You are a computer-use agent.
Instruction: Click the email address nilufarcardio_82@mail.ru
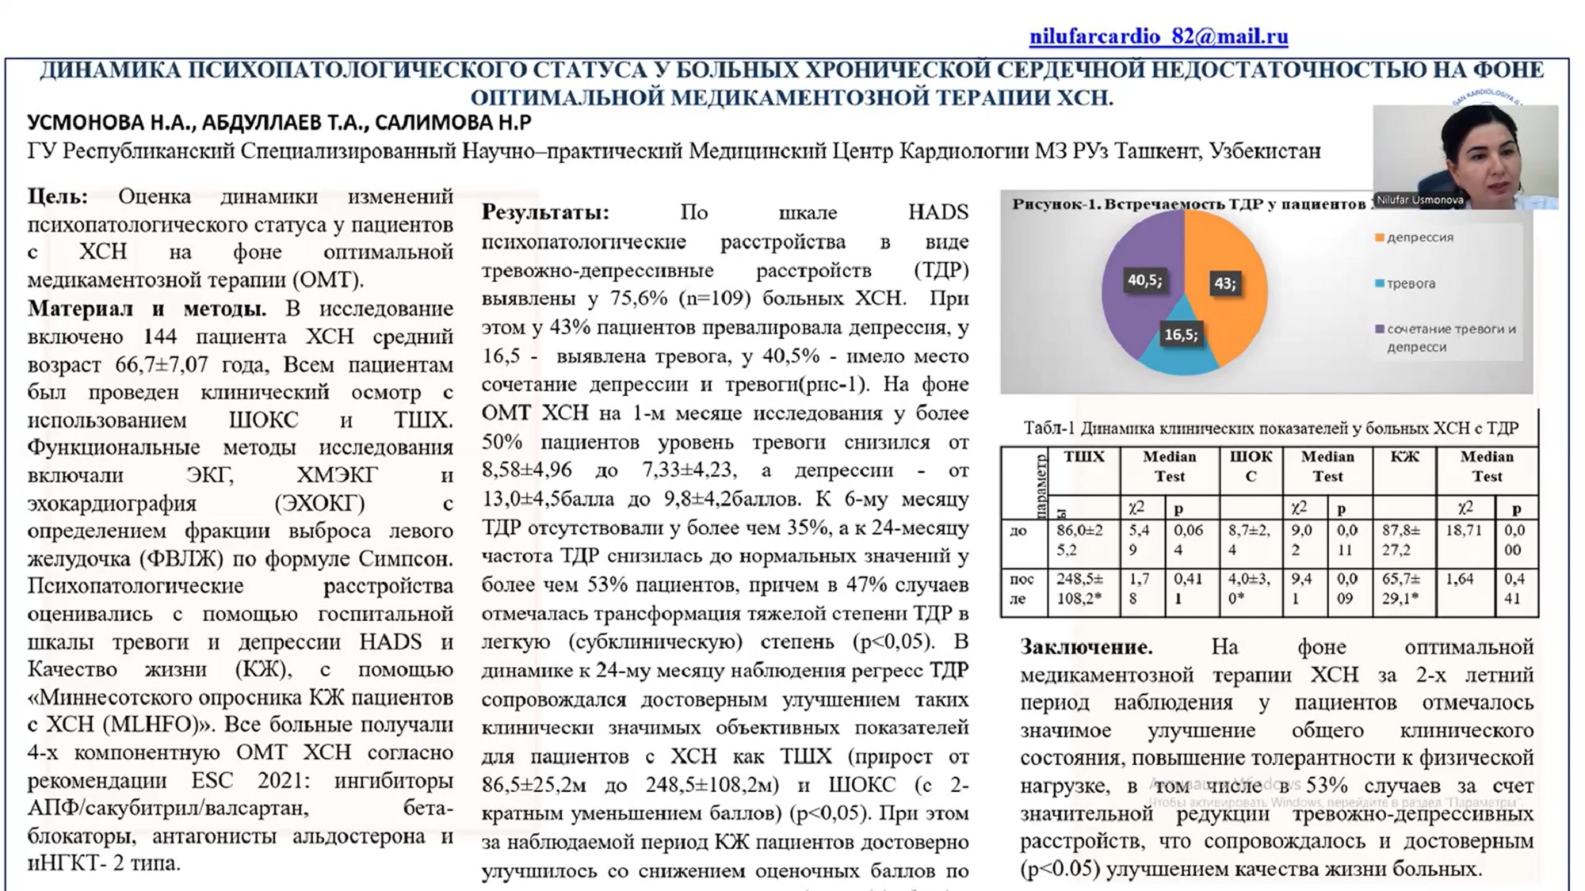pyautogui.click(x=1158, y=36)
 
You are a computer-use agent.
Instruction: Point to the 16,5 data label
pyautogui.click(x=1180, y=334)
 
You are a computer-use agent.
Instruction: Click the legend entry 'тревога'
pyautogui.click(x=1411, y=284)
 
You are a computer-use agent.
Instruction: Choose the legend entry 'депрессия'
pyautogui.click(x=1419, y=238)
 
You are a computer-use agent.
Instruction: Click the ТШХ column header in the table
pyautogui.click(x=1083, y=458)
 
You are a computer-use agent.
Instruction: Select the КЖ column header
pyautogui.click(x=1404, y=458)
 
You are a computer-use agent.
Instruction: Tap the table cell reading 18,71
pyautogui.click(x=1463, y=531)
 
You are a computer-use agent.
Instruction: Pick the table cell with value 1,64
pyautogui.click(x=1459, y=580)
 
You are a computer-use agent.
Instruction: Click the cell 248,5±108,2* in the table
pyautogui.click(x=1079, y=588)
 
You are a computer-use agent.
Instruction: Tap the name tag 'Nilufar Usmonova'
pyautogui.click(x=1419, y=200)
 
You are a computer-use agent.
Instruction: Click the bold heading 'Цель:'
pyautogui.click(x=57, y=196)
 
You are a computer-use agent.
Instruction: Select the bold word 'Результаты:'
pyautogui.click(x=545, y=212)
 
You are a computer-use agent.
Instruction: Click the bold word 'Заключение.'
pyautogui.click(x=1086, y=647)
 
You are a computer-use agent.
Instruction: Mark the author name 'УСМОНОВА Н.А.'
pyautogui.click(x=109, y=123)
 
